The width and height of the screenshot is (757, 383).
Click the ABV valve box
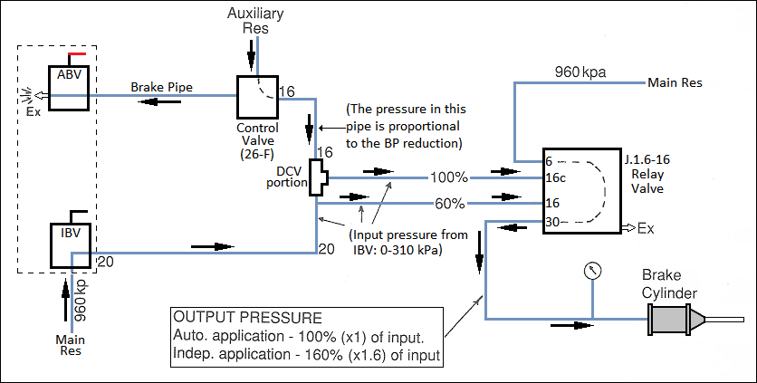tap(70, 88)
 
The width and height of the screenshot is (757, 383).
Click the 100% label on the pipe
tap(450, 176)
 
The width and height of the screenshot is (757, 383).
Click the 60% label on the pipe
tap(450, 203)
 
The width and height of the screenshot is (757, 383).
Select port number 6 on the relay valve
tap(549, 161)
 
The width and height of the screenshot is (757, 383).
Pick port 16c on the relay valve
tap(555, 178)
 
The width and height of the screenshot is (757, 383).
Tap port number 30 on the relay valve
tap(552, 222)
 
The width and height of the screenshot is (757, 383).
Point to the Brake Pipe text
tap(161, 88)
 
